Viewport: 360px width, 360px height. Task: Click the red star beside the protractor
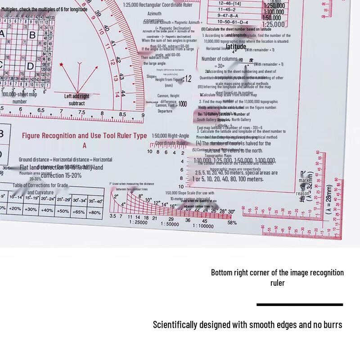click(62, 64)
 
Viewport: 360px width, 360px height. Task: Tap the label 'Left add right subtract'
click(76, 99)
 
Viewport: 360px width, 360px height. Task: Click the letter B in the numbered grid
click(32, 35)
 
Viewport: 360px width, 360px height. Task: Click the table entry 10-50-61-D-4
click(233, 22)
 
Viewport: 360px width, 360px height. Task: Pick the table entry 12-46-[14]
click(229, 3)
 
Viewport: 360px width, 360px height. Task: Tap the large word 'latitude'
click(236, 46)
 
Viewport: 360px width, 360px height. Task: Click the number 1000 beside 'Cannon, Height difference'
click(182, 104)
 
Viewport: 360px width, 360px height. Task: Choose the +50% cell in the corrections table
click(63, 211)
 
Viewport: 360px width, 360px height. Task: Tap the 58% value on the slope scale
click(232, 222)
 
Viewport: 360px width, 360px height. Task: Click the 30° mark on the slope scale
click(231, 211)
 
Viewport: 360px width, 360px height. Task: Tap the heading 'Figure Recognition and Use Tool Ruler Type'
click(85, 135)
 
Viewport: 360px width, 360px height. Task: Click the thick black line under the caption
click(300, 305)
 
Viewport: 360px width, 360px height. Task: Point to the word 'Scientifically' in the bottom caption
click(175, 324)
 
